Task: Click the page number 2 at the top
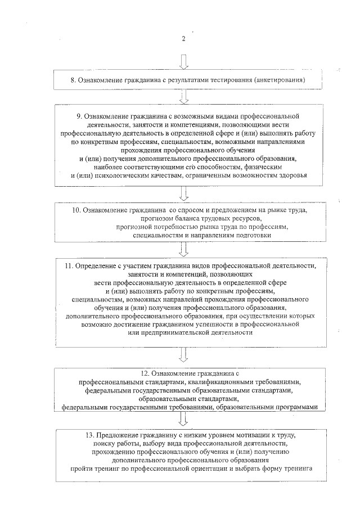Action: [184, 38]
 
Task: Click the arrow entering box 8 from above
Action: [184, 62]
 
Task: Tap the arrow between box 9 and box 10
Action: [184, 193]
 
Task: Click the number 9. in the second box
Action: [79, 115]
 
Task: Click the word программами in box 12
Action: [298, 406]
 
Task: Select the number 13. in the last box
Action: [85, 435]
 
